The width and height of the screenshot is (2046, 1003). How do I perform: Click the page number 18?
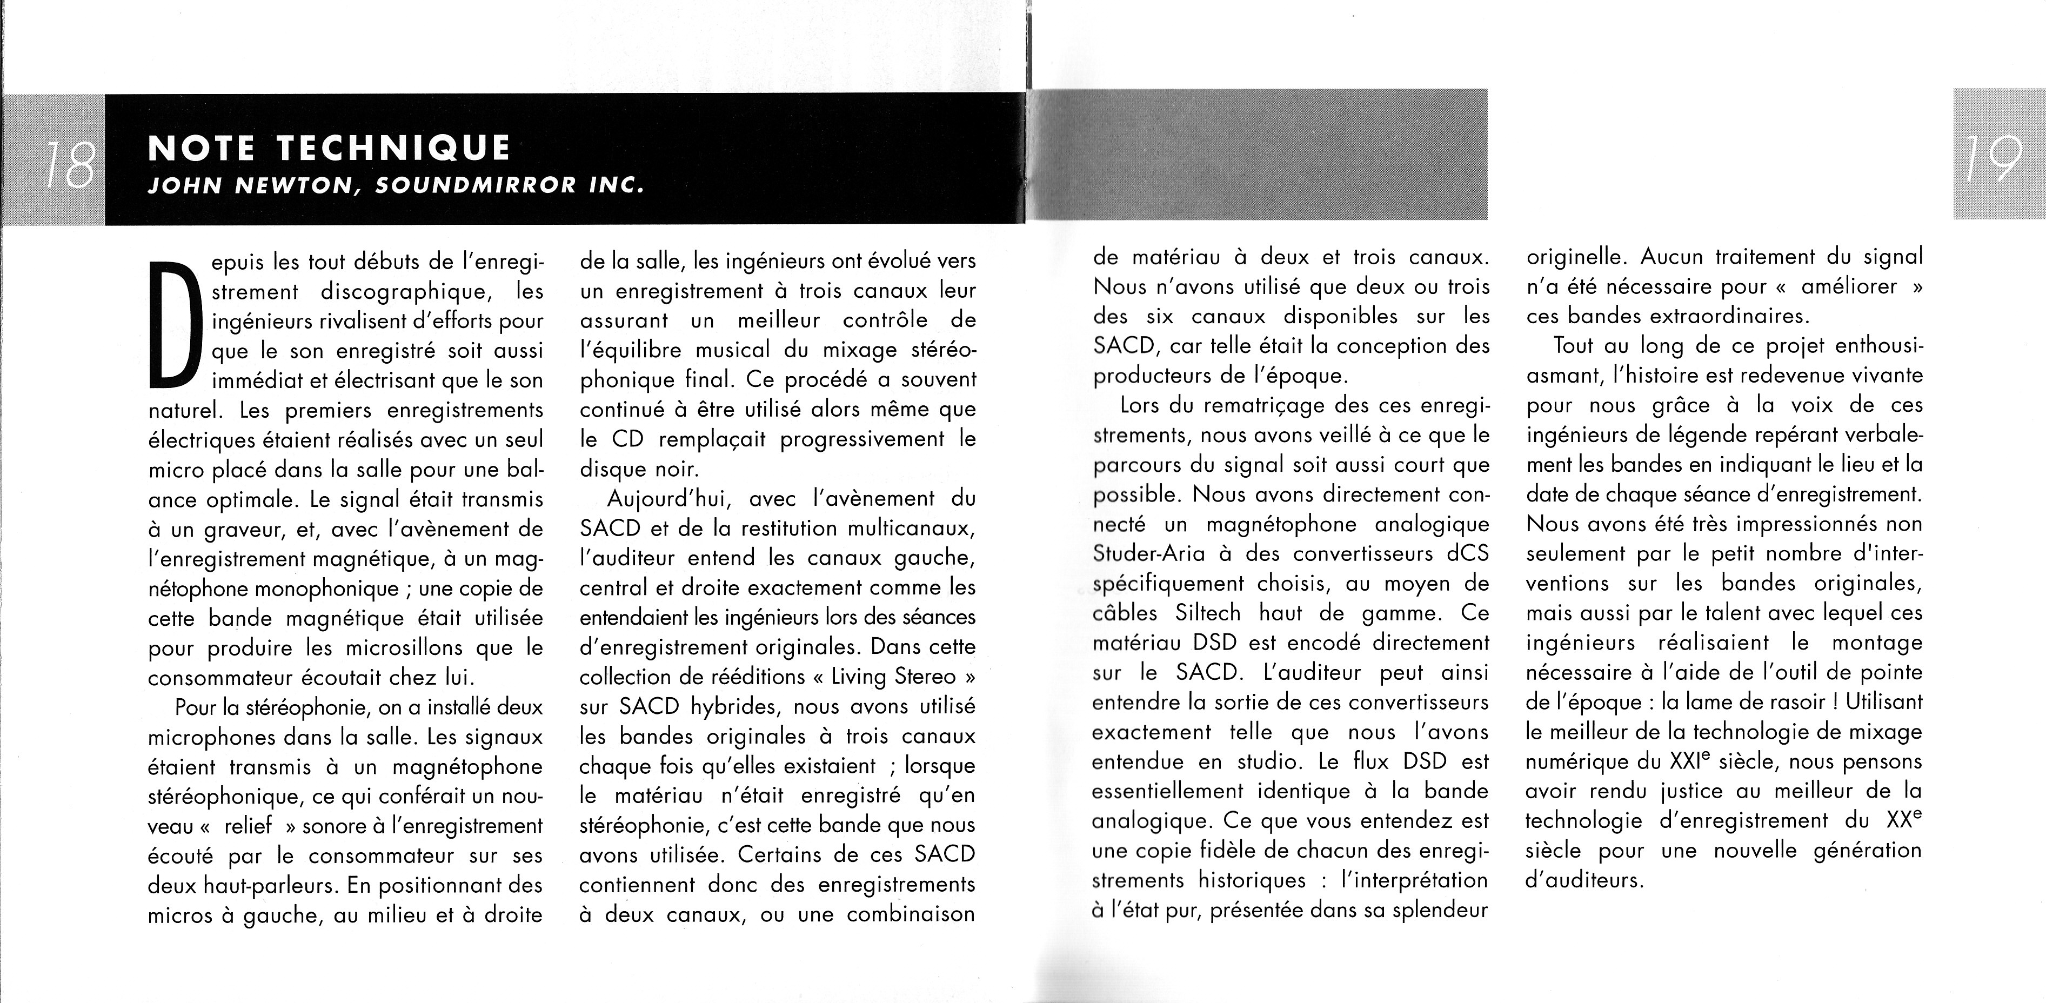point(70,165)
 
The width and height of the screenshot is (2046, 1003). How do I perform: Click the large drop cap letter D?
point(173,326)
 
